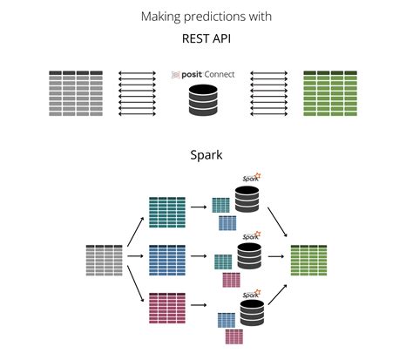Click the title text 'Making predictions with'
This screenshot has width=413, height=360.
point(206,17)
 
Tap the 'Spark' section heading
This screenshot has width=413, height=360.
point(206,156)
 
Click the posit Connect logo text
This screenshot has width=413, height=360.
point(206,76)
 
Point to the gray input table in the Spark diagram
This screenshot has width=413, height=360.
point(104,261)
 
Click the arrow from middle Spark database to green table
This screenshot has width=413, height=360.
point(280,258)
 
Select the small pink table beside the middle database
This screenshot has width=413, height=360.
point(231,280)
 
